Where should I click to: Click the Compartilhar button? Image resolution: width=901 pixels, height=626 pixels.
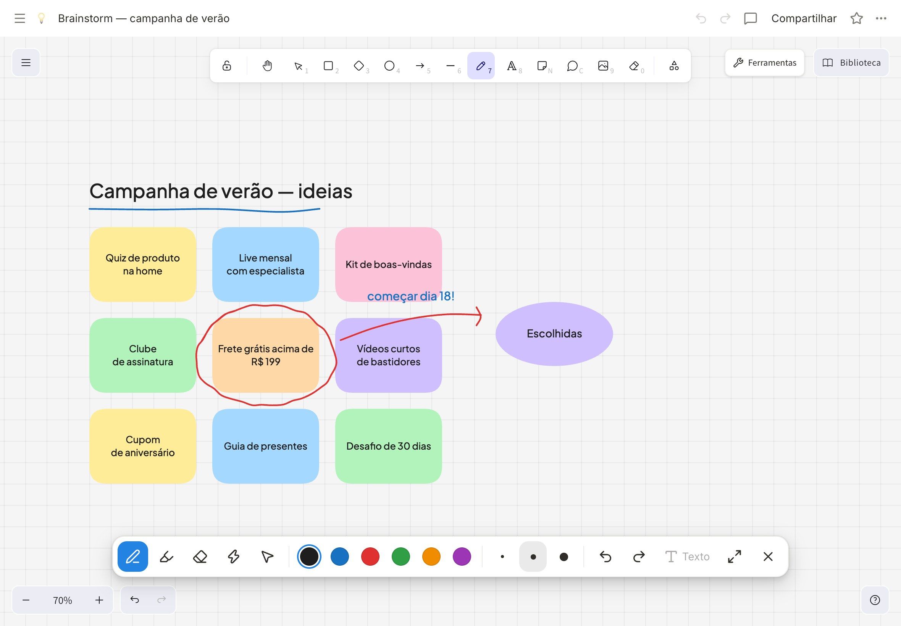(804, 18)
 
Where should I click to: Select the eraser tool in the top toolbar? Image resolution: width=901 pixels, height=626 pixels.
(634, 66)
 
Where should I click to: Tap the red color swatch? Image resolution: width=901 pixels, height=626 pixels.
(370, 557)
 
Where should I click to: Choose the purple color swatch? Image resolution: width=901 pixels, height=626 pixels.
(462, 557)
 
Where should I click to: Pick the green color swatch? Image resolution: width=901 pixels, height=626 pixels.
(400, 557)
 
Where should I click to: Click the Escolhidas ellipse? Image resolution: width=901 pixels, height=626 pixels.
(554, 334)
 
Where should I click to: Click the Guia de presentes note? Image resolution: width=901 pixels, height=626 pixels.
(266, 446)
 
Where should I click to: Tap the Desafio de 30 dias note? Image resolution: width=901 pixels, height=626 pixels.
(388, 446)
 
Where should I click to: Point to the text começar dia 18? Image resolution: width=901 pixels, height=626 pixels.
(411, 296)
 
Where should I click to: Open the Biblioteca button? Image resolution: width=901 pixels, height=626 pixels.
(851, 63)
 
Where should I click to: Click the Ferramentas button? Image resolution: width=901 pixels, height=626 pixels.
(764, 63)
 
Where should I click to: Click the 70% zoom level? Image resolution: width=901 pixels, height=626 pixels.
(62, 600)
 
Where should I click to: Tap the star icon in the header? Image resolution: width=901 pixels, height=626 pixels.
(857, 18)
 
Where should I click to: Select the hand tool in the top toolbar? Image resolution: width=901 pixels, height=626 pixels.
(267, 66)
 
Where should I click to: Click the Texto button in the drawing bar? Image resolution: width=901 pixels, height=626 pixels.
(687, 557)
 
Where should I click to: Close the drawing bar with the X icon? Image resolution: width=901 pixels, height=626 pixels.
(768, 557)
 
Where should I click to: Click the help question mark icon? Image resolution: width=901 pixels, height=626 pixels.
(875, 600)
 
